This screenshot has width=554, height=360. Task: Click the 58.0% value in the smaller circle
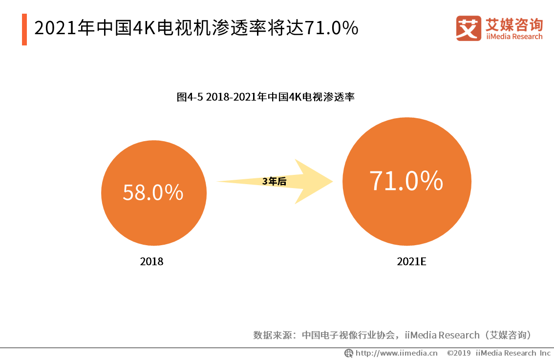click(x=153, y=192)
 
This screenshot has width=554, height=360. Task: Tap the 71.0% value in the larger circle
click(x=406, y=181)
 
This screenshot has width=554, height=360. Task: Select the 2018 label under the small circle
click(x=151, y=261)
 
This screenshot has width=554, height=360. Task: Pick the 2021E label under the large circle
click(x=411, y=261)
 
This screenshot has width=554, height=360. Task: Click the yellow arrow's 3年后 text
click(x=274, y=182)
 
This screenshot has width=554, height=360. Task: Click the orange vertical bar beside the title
click(x=24, y=29)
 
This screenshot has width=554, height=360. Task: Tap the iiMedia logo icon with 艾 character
click(x=468, y=29)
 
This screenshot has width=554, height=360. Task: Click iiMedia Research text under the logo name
click(x=513, y=37)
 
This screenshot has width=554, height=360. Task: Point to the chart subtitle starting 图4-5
click(x=265, y=97)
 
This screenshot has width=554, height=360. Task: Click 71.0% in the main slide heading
click(x=332, y=29)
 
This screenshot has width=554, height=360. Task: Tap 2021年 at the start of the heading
click(x=64, y=29)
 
